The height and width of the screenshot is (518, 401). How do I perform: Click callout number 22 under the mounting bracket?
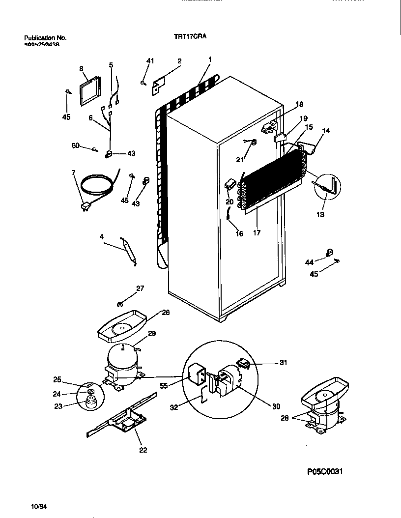[143, 449]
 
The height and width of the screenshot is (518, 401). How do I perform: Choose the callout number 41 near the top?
[150, 61]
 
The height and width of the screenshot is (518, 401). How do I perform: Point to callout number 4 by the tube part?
[101, 237]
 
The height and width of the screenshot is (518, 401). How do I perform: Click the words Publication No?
[45, 37]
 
